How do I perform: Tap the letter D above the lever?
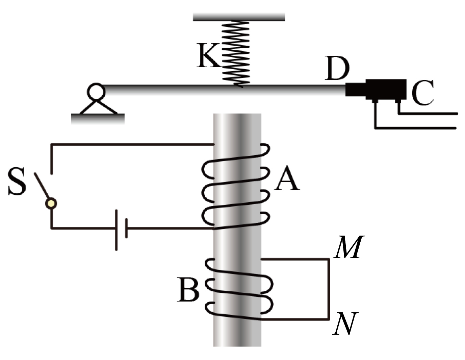click(337, 68)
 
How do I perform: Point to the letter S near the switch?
click(17, 181)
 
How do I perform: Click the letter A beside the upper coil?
click(287, 178)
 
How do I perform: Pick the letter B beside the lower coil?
click(188, 290)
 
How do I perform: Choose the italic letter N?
click(345, 323)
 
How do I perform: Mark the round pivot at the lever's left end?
click(96, 92)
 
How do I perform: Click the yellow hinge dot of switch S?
click(51, 203)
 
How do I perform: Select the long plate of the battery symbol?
click(116, 230)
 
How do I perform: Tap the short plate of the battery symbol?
click(126, 228)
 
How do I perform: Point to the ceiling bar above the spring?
click(239, 17)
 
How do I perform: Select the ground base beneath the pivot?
click(98, 119)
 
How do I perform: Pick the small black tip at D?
click(356, 89)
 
